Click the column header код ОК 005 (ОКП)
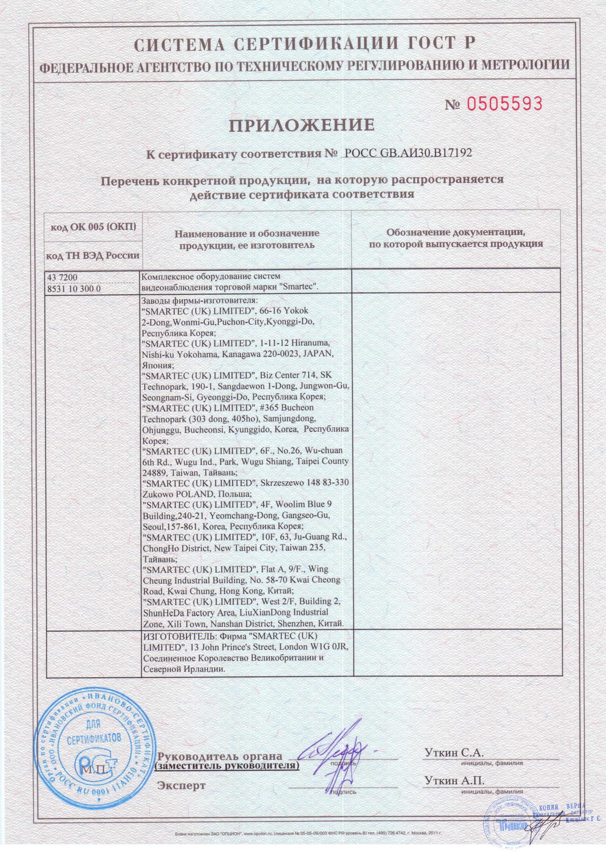click(x=93, y=227)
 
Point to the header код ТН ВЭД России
click(x=93, y=256)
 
